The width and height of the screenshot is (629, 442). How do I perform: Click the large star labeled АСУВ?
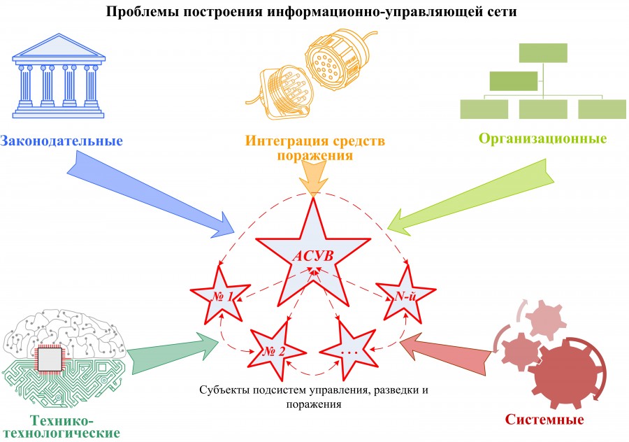tap(312, 252)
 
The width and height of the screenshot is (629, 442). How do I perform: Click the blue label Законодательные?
tap(62, 140)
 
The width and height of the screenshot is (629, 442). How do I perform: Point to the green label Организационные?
tap(542, 138)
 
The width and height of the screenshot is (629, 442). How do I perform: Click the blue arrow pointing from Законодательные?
tap(154, 192)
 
